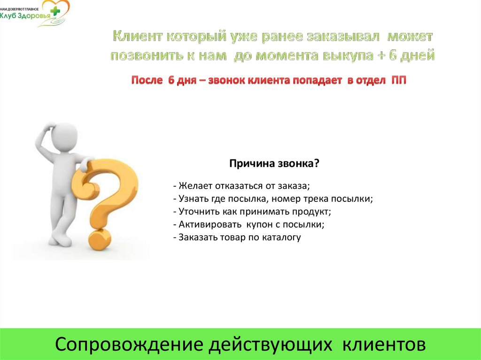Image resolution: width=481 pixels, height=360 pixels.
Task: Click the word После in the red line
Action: pos(146,80)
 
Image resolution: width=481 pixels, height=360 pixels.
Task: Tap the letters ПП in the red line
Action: pos(399,80)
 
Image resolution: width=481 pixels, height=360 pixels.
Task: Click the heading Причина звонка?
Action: pos(274,163)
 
